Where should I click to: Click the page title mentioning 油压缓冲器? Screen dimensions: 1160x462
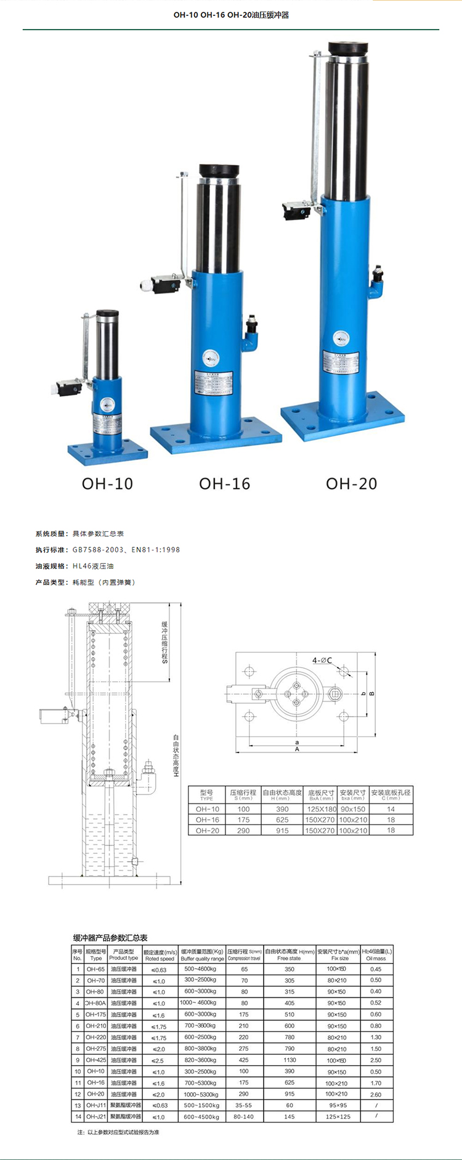click(231, 15)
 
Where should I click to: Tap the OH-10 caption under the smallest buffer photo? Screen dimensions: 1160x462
click(107, 484)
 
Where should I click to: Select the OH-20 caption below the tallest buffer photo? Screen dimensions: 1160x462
click(351, 484)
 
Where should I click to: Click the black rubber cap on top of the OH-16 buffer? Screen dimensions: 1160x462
click(219, 171)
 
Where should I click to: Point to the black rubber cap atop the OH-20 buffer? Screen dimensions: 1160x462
click(348, 49)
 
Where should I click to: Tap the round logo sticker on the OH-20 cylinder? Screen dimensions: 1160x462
click(341, 338)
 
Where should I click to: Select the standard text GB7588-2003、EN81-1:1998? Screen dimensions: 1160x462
click(126, 550)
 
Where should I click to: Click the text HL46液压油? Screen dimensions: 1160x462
click(93, 566)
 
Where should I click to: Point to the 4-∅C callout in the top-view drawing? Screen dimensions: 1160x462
click(322, 660)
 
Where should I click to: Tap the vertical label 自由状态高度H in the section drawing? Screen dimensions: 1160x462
click(176, 755)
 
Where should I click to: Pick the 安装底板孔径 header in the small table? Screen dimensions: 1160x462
click(391, 794)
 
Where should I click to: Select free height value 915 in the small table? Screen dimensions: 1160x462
click(282, 830)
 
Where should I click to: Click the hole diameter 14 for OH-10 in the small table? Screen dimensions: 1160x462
click(391, 809)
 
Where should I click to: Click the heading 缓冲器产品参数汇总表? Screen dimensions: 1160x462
click(110, 937)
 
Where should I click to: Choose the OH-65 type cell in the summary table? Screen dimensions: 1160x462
click(95, 969)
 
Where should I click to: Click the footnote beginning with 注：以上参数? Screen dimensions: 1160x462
click(118, 1132)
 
